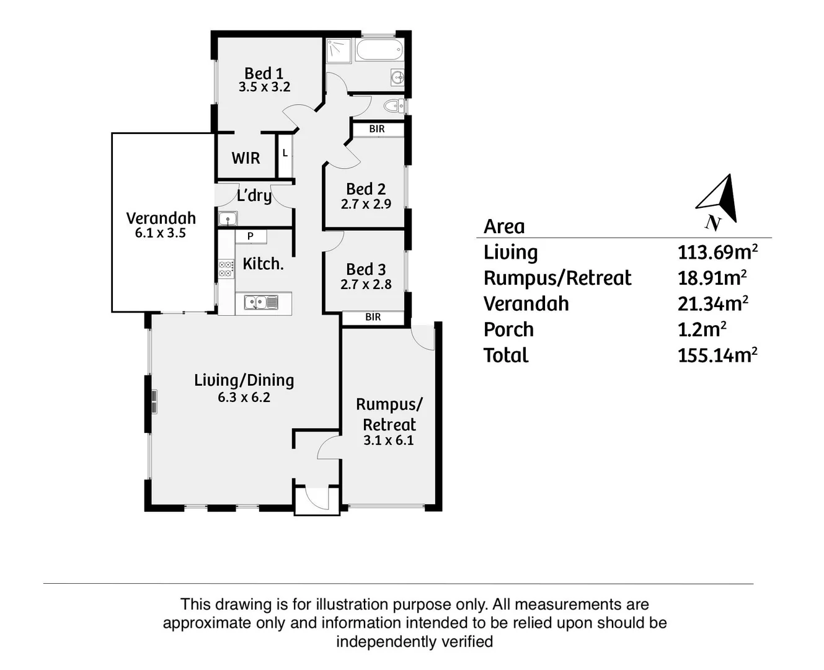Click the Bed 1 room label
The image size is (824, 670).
tap(264, 73)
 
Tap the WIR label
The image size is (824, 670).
tap(246, 158)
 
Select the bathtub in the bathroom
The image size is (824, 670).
tap(379, 50)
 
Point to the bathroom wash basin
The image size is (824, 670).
tap(397, 78)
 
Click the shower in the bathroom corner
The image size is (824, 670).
tap(339, 50)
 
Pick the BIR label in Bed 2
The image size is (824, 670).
tap(377, 129)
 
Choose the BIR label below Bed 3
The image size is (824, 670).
tap(373, 317)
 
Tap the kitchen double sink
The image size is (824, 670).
tap(261, 303)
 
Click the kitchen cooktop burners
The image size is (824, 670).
tap(226, 269)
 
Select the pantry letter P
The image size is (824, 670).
tap(250, 236)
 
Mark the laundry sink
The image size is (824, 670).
tap(227, 218)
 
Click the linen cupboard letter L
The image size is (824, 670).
tap(285, 153)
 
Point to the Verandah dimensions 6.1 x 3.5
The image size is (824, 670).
tap(161, 233)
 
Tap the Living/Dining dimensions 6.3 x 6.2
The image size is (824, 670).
tap(244, 398)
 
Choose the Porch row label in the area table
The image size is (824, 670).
tap(508, 329)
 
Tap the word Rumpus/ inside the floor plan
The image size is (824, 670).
tap(389, 404)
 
